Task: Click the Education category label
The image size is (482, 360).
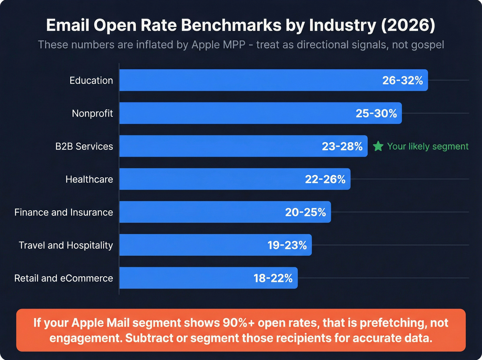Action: [91, 80]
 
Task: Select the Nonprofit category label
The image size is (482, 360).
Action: [92, 113]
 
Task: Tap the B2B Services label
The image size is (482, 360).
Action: [84, 146]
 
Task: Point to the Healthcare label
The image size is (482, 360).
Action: [89, 179]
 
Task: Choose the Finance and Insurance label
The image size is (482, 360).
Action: [64, 212]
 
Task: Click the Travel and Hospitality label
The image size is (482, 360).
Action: [66, 245]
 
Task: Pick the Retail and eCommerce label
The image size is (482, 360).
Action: [64, 278]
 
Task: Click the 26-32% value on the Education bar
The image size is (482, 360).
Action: [402, 80]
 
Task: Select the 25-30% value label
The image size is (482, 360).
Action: [376, 113]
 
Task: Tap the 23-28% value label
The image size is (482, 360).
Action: [342, 146]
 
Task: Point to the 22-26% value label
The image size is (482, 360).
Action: [325, 179]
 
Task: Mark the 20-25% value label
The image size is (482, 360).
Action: [305, 212]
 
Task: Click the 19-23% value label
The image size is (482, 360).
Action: [287, 245]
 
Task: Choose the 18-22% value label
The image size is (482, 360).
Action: [273, 278]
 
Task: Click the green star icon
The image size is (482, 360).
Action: [378, 146]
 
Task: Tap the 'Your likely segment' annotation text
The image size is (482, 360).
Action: [428, 146]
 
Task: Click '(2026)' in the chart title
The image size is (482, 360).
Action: [408, 25]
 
